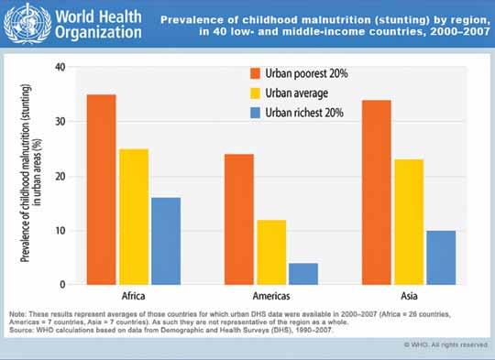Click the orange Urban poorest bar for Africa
tap(102, 190)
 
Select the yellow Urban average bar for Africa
tap(134, 217)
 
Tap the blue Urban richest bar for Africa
tap(166, 241)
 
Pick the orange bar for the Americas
tap(239, 220)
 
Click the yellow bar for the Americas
tap(271, 253)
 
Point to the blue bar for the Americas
tap(303, 274)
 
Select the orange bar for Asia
tap(377, 192)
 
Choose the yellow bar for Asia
tap(409, 222)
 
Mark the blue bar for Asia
tap(441, 257)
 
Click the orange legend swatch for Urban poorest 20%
tap(255, 73)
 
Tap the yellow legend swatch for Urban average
tap(255, 93)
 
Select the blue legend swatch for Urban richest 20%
tap(255, 113)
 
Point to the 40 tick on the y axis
tap(60, 67)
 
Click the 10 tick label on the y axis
tap(60, 231)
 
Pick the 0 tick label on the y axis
tap(62, 284)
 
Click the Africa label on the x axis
tap(133, 296)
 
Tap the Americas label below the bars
tap(271, 296)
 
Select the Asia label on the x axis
tap(409, 296)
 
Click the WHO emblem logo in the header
tap(27, 24)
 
